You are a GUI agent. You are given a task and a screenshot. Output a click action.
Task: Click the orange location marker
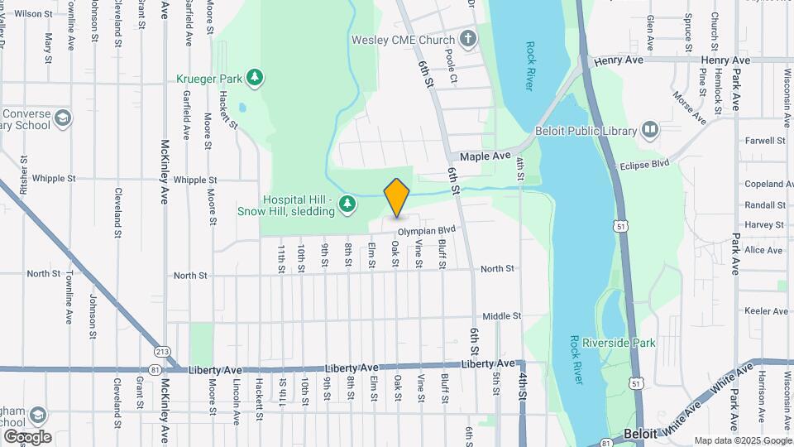click(x=397, y=197)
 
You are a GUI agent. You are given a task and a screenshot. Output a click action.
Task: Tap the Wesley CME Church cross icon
click(x=468, y=39)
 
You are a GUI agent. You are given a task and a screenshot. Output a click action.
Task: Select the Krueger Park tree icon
click(x=256, y=78)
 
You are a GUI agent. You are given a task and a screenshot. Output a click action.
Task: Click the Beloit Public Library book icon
click(x=651, y=131)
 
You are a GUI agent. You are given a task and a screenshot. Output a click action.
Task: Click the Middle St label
click(x=501, y=316)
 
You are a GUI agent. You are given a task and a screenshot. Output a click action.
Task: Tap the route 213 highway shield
click(x=162, y=352)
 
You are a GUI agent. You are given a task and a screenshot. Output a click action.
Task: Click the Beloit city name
click(x=640, y=433)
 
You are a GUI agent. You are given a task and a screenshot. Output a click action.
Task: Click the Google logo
click(x=27, y=436)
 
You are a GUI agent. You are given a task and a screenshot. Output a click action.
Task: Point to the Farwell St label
click(x=764, y=141)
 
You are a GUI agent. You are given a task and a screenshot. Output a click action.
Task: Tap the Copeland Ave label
click(x=763, y=184)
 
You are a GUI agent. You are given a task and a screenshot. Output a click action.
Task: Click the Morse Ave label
click(x=688, y=106)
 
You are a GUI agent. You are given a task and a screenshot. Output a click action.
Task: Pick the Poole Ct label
click(x=451, y=66)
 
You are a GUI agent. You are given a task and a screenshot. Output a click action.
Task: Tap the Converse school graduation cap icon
click(x=62, y=119)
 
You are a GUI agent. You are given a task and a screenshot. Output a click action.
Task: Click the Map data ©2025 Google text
click(x=742, y=440)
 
